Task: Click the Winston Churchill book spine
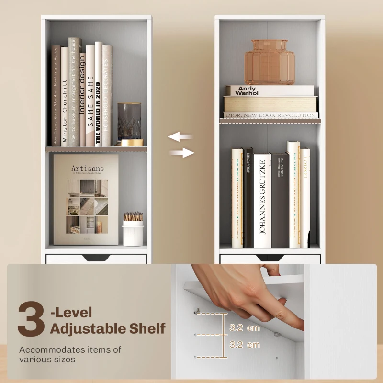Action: tap(64, 96)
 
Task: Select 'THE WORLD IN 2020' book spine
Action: tap(98, 96)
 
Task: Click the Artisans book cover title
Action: tap(87, 169)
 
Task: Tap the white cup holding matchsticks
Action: tap(133, 232)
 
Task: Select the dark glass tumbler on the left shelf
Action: tap(129, 122)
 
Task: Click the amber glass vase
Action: tap(269, 62)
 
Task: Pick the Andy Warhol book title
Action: tap(248, 90)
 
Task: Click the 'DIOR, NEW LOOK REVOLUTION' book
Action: tap(270, 115)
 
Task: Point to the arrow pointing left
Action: tap(180, 137)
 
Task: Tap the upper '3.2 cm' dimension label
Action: tap(245, 328)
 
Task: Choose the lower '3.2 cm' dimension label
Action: tap(245, 344)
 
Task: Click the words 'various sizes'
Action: tap(47, 359)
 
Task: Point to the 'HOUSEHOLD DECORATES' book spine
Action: tap(107, 96)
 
